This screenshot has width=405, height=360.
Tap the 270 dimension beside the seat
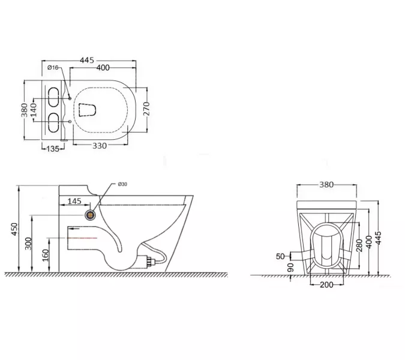[x=145, y=108]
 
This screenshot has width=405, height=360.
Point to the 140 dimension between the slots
[x=34, y=108]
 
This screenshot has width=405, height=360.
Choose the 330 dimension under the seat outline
[x=101, y=146]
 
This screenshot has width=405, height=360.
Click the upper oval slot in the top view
[x=53, y=95]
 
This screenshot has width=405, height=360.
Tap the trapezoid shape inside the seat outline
[x=88, y=109]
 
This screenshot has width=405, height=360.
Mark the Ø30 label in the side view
[x=122, y=184]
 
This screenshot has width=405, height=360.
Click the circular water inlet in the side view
[x=91, y=213]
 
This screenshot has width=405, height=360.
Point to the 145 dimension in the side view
[x=76, y=202]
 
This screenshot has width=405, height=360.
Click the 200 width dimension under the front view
[x=326, y=284]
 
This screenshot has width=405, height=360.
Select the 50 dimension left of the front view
[x=280, y=256]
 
